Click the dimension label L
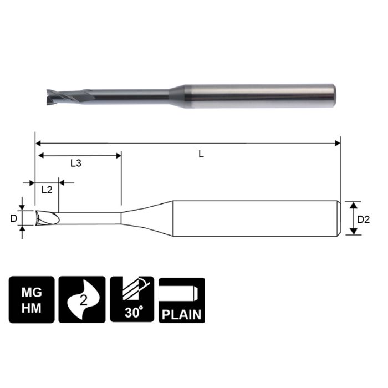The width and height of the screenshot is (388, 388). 202,155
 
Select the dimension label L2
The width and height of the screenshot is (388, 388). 47,190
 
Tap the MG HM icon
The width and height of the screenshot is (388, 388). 32,300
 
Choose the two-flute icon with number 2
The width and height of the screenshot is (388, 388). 81,300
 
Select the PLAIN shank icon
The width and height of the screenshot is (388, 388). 181,300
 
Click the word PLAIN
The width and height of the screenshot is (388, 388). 181,315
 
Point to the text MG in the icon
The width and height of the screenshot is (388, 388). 32,291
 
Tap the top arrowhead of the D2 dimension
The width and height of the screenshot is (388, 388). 353,205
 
